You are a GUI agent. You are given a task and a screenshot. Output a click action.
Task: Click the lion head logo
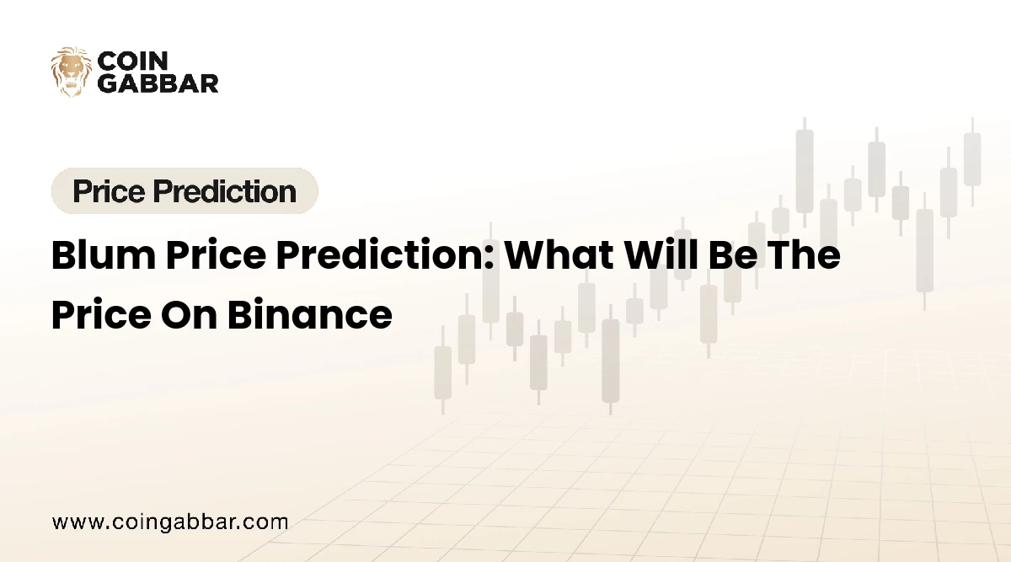[x=71, y=72]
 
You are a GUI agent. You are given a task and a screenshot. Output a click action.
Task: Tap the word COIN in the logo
[x=133, y=61]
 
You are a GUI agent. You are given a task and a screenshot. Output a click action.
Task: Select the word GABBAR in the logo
[x=158, y=83]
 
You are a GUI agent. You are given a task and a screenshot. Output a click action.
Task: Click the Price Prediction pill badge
[x=185, y=190]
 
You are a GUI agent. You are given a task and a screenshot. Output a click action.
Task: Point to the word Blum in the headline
[x=104, y=255]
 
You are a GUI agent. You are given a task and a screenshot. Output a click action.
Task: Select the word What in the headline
[x=559, y=255]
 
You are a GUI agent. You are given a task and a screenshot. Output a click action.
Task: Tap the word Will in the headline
[x=661, y=255]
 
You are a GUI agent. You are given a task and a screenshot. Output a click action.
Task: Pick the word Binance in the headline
[x=310, y=314]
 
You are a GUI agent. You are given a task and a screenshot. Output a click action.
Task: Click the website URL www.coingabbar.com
[x=170, y=522]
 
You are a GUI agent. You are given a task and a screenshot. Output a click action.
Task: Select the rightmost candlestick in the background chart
[x=972, y=162]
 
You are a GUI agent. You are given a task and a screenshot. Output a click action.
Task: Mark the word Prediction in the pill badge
[x=224, y=191]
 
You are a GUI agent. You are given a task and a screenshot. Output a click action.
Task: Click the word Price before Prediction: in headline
[x=216, y=255]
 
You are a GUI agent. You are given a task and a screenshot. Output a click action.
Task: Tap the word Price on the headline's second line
[x=101, y=314]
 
